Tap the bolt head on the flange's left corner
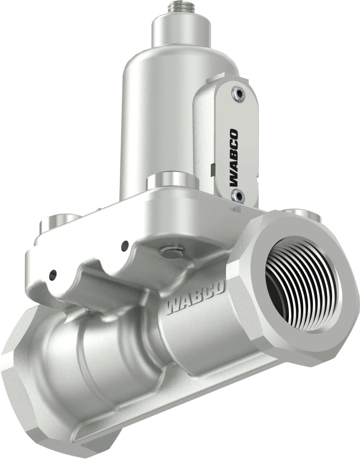(x=55, y=223)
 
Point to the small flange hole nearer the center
(x=124, y=247)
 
